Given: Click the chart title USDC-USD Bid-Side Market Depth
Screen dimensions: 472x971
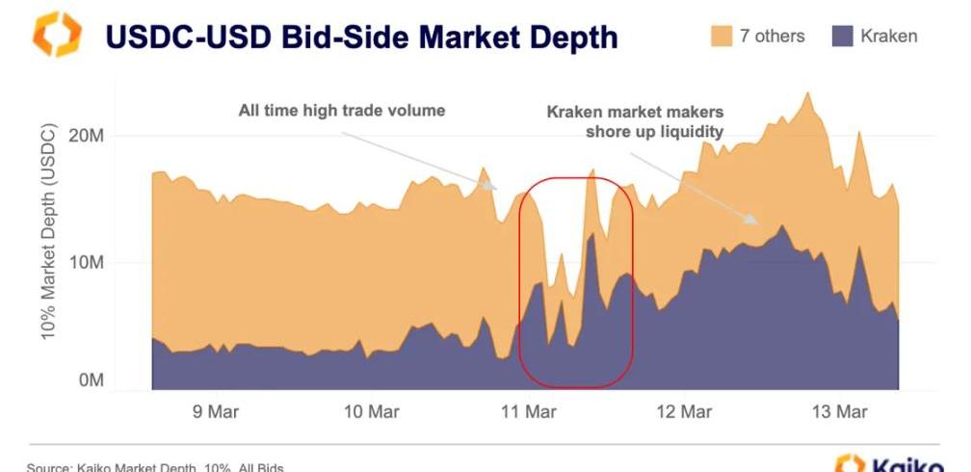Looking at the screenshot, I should (361, 38).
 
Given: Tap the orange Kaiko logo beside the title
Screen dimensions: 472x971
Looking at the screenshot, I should (55, 35).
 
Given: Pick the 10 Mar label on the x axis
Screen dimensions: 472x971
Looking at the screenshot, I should (370, 412).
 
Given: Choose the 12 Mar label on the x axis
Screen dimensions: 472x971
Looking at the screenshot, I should (683, 412).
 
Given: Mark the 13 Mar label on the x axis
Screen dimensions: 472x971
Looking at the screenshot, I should (839, 412).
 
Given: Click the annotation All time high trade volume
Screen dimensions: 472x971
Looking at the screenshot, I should (342, 111).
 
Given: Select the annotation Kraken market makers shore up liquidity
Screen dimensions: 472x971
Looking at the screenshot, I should (635, 121).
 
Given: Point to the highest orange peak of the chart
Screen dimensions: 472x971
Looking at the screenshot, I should (807, 94).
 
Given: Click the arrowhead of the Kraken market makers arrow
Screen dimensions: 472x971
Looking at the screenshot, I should (755, 223).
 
